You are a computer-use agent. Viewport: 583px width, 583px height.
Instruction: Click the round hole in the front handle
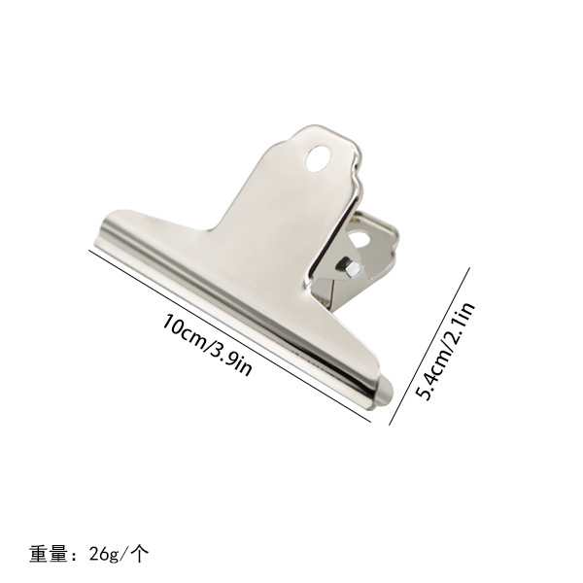point(319,158)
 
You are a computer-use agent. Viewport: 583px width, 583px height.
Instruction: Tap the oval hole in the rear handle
point(360,239)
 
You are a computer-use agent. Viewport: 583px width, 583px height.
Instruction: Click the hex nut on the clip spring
point(351,267)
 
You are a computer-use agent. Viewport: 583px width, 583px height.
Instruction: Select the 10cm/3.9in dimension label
point(208,345)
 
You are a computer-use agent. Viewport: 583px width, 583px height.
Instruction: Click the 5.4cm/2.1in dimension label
point(445,351)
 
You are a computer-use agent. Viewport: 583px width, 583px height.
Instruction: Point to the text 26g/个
point(119,555)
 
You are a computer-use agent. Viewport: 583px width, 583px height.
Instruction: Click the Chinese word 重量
point(49,554)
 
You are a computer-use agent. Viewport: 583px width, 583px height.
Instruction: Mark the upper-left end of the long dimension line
point(89,251)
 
